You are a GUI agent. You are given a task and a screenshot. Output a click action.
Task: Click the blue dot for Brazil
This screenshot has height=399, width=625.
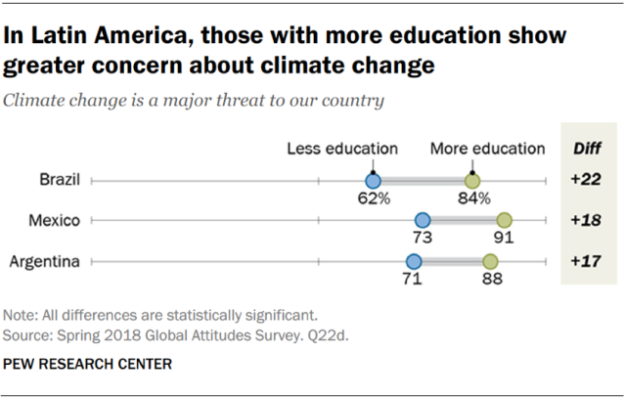(x=373, y=181)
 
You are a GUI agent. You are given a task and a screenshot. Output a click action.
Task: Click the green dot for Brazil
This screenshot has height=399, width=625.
(x=472, y=181)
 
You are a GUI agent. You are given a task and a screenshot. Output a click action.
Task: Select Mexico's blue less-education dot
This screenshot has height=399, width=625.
(x=423, y=221)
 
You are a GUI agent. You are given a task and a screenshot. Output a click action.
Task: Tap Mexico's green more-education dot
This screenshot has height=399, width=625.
(x=505, y=221)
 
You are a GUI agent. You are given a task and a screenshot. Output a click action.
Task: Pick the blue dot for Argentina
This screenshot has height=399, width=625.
(x=414, y=261)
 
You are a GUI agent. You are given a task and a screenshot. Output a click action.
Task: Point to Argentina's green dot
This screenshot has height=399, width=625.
(x=490, y=261)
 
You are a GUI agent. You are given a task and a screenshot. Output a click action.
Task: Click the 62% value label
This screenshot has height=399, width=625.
(x=373, y=199)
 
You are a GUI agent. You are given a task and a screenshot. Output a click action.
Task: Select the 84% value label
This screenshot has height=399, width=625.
(x=473, y=199)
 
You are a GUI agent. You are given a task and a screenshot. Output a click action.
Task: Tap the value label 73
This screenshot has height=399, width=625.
(x=423, y=240)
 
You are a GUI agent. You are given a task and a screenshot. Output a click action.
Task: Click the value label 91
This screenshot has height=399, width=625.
(x=505, y=240)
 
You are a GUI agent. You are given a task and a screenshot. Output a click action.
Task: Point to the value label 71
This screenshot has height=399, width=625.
(x=414, y=280)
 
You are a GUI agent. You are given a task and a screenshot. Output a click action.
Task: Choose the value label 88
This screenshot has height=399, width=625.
(x=490, y=280)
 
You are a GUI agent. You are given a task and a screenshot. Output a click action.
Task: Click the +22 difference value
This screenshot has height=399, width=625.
(x=587, y=181)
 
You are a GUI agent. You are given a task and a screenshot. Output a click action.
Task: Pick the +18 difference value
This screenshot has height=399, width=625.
(x=587, y=221)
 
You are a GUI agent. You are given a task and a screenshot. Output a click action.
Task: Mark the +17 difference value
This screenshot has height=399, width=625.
(x=587, y=261)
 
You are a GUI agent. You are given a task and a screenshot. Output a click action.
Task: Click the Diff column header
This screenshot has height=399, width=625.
(x=587, y=150)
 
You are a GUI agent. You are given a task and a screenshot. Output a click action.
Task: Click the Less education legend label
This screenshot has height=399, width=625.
(x=341, y=149)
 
